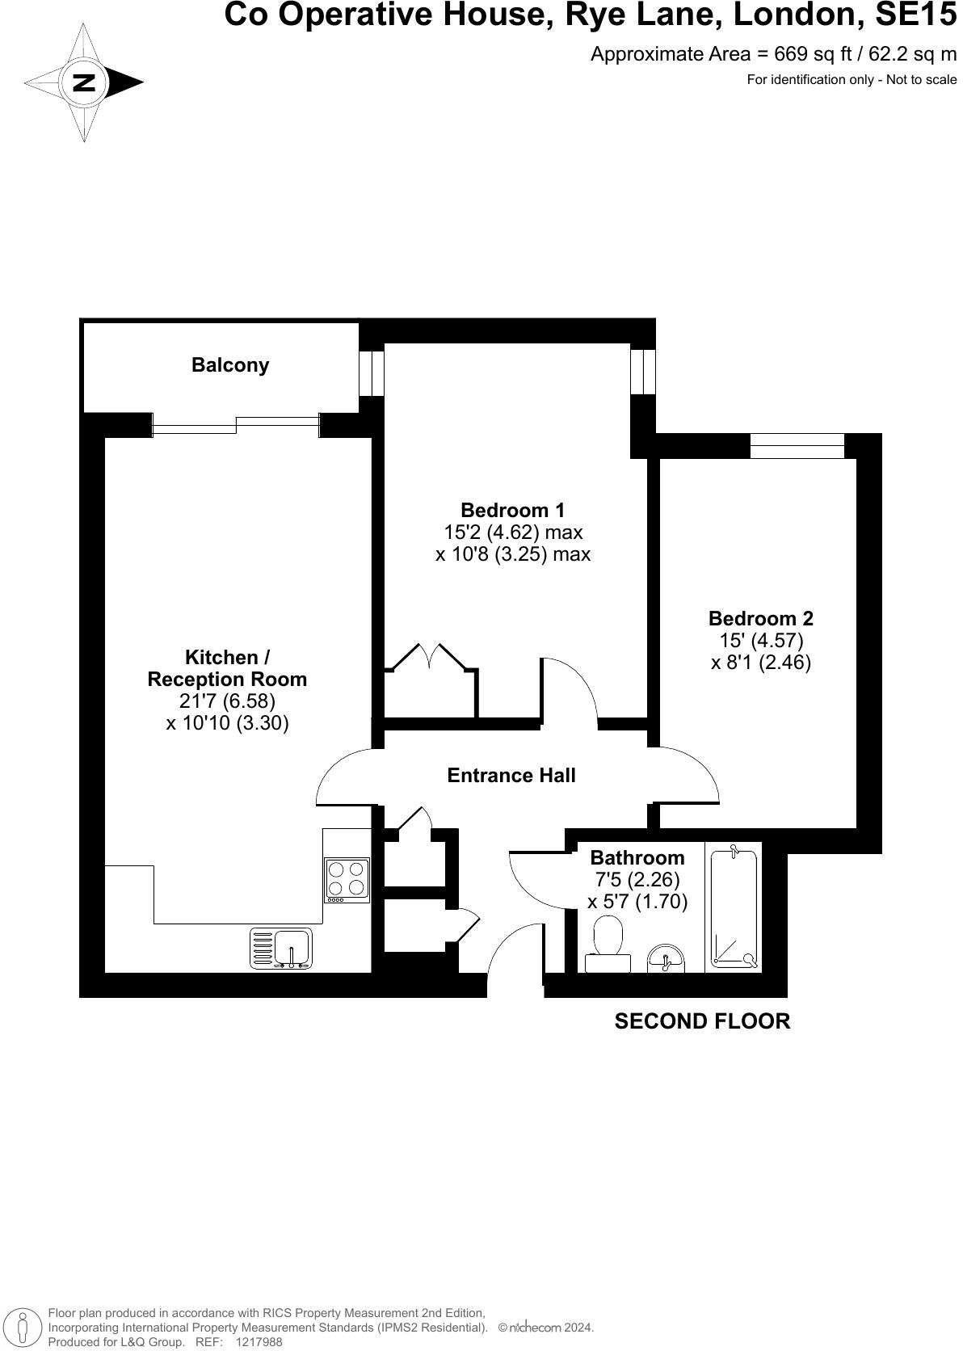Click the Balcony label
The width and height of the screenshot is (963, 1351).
(x=230, y=365)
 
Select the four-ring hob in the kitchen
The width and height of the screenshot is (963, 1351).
(x=347, y=880)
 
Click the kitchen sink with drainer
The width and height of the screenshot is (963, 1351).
(x=281, y=948)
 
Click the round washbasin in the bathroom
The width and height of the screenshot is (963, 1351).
(x=666, y=957)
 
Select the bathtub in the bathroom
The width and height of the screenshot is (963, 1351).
(x=734, y=907)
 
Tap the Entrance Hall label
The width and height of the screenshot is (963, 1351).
(x=511, y=776)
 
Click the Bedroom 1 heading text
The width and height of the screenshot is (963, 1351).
(x=512, y=511)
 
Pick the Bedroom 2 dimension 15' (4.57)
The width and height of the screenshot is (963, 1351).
(x=760, y=641)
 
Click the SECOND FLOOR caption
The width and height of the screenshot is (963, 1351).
(x=702, y=1021)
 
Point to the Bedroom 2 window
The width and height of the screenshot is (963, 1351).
(x=797, y=445)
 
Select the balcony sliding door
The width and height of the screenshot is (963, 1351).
(x=237, y=424)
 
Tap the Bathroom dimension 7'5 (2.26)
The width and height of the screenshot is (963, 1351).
(x=637, y=879)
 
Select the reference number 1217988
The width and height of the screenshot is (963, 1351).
(x=259, y=1342)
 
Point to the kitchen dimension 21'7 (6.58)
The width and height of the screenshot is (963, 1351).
(x=227, y=701)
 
